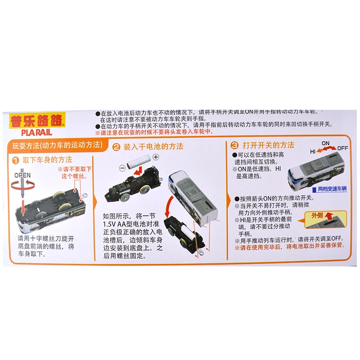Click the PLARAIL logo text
pos(36,132)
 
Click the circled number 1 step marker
pos(15,160)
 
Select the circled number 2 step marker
pos(116,147)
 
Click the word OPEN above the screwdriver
pos(22,175)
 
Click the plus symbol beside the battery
pos(156,157)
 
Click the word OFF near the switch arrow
pos(343,148)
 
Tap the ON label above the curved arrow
pos(325,143)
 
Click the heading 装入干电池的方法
pos(153,147)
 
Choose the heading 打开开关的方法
pos(268,145)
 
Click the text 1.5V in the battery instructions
pos(111,224)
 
